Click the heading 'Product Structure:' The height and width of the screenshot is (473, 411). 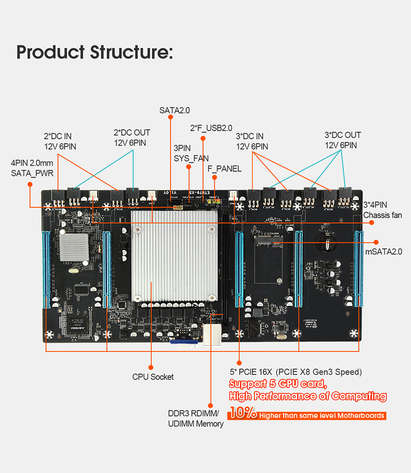(94, 52)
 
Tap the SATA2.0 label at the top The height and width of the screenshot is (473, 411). (174, 110)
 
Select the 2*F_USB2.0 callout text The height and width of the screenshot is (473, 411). (211, 128)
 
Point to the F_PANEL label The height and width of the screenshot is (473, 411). (224, 168)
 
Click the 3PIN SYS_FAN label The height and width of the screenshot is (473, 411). (190, 153)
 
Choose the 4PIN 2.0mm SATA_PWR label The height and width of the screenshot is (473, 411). (32, 168)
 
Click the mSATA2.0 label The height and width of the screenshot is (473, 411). (384, 252)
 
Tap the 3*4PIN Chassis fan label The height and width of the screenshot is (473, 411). (382, 210)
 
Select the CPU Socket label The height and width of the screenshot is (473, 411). (153, 376)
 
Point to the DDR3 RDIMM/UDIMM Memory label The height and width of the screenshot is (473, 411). (196, 419)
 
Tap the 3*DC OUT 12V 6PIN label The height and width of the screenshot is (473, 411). (342, 140)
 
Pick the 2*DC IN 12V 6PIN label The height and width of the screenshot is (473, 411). (60, 141)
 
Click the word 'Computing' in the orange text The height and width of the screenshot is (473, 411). (358, 396)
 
